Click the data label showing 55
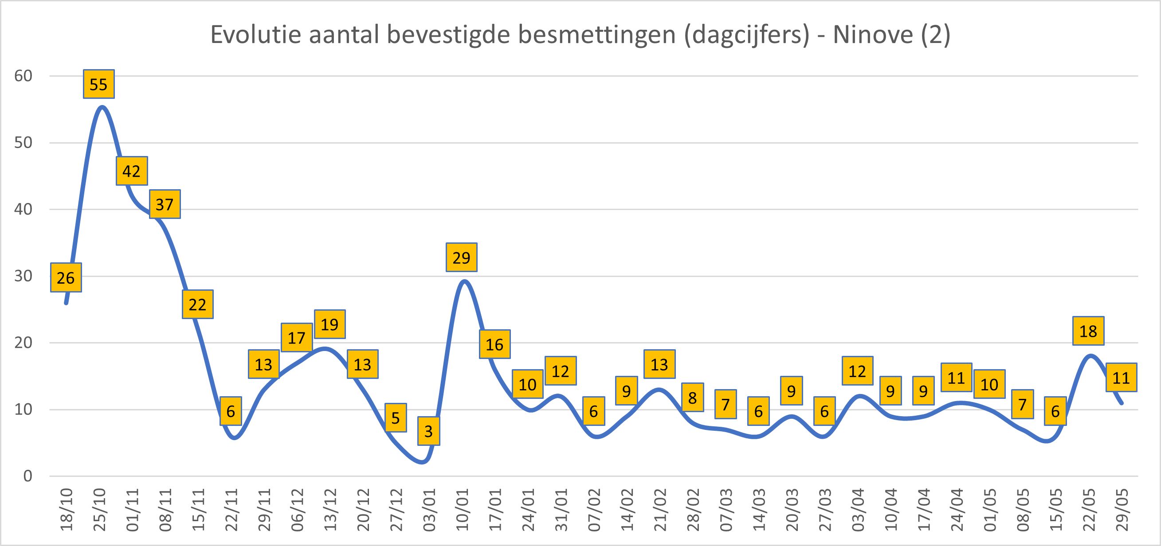tap(99, 84)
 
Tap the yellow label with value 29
tap(462, 257)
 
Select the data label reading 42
tap(132, 171)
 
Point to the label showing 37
tap(165, 204)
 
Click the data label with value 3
tap(429, 431)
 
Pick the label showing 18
tap(1088, 331)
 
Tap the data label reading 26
tap(66, 277)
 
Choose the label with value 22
tap(198, 304)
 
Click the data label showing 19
tap(330, 324)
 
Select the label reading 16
tap(494, 345)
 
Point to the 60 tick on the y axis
tap(24, 76)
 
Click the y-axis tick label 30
tap(24, 276)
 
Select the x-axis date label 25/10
tap(99, 510)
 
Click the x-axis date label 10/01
tap(462, 510)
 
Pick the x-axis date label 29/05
tap(1122, 510)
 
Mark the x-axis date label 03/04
tap(858, 510)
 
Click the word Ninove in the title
tap(873, 35)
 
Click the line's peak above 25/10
tap(102, 107)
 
